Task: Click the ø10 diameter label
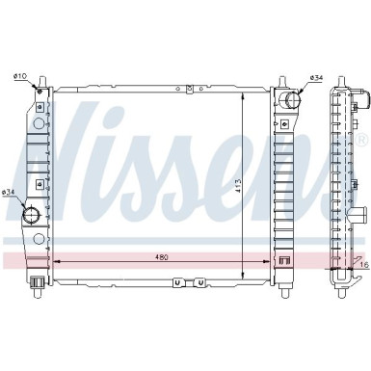(19, 76)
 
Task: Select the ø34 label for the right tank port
(316, 78)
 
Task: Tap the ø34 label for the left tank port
(9, 192)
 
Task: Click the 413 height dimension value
(238, 186)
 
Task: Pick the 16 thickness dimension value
(364, 265)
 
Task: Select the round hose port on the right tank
(292, 99)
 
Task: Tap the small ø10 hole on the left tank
(40, 92)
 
